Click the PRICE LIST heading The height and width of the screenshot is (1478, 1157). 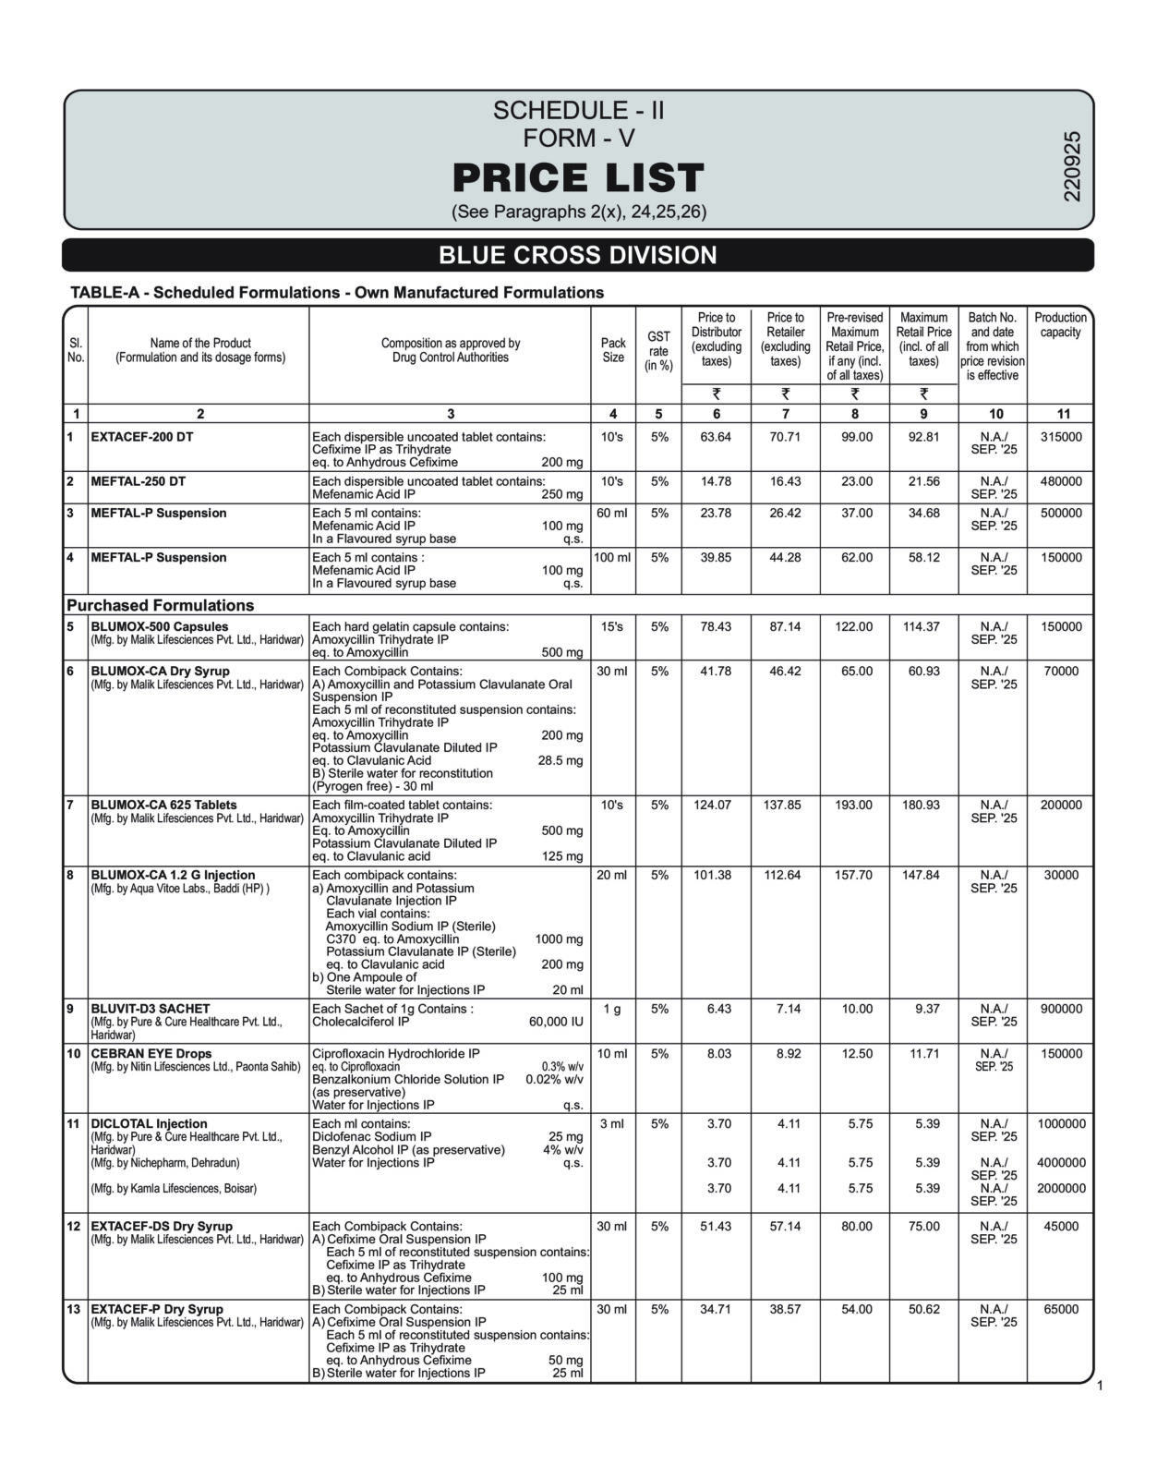tap(578, 177)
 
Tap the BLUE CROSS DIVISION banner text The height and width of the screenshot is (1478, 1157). tap(578, 255)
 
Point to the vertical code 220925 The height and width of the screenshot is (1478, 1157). tap(1071, 165)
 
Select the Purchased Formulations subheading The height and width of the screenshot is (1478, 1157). tap(160, 605)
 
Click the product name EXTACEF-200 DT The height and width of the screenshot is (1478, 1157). tap(142, 437)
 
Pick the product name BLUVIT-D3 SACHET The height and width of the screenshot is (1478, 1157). tap(151, 1009)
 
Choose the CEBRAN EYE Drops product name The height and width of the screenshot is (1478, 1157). tap(151, 1053)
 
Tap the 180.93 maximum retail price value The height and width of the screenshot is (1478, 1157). tap(923, 805)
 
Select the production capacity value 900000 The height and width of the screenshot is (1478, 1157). tap(1061, 1009)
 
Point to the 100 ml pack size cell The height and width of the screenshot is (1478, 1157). tap(612, 557)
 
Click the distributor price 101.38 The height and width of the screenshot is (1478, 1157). tap(716, 875)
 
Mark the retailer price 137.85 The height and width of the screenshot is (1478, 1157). tap(785, 805)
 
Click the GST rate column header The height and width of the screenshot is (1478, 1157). tap(658, 350)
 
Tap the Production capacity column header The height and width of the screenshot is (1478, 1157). tap(1060, 324)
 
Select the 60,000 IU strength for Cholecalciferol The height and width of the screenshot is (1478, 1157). tap(556, 1022)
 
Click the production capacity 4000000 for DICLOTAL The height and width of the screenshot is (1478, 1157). tap(1061, 1162)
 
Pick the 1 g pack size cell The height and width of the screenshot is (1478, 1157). tap(612, 1009)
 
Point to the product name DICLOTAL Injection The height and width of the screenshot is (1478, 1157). tap(149, 1124)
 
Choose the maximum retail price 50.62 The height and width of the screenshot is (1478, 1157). tap(923, 1309)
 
